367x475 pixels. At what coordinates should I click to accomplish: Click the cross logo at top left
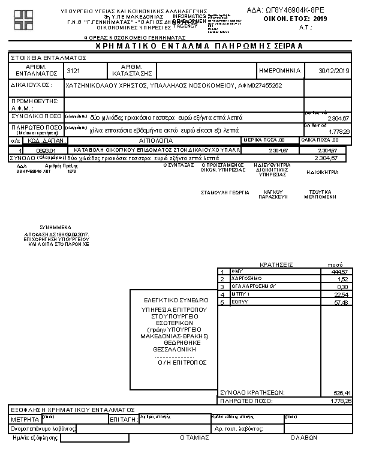click(x=25, y=19)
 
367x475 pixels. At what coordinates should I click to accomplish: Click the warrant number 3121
click(x=74, y=71)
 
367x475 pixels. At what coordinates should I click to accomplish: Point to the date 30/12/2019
click(x=335, y=71)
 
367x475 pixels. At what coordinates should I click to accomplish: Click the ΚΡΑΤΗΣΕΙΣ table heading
click(x=276, y=264)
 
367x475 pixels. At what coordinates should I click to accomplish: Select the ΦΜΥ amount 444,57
click(x=340, y=272)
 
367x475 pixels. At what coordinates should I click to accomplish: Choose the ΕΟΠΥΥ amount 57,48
click(x=341, y=302)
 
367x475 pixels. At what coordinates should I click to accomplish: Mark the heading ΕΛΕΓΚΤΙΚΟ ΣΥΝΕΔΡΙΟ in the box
click(x=176, y=299)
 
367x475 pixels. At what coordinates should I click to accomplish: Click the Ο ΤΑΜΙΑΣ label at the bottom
click(x=195, y=438)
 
